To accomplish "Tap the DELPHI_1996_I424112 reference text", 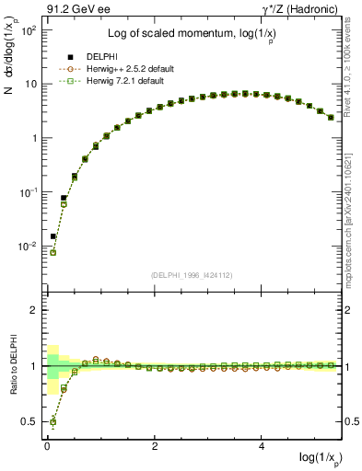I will (192, 274).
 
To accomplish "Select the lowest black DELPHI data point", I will (53, 236).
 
